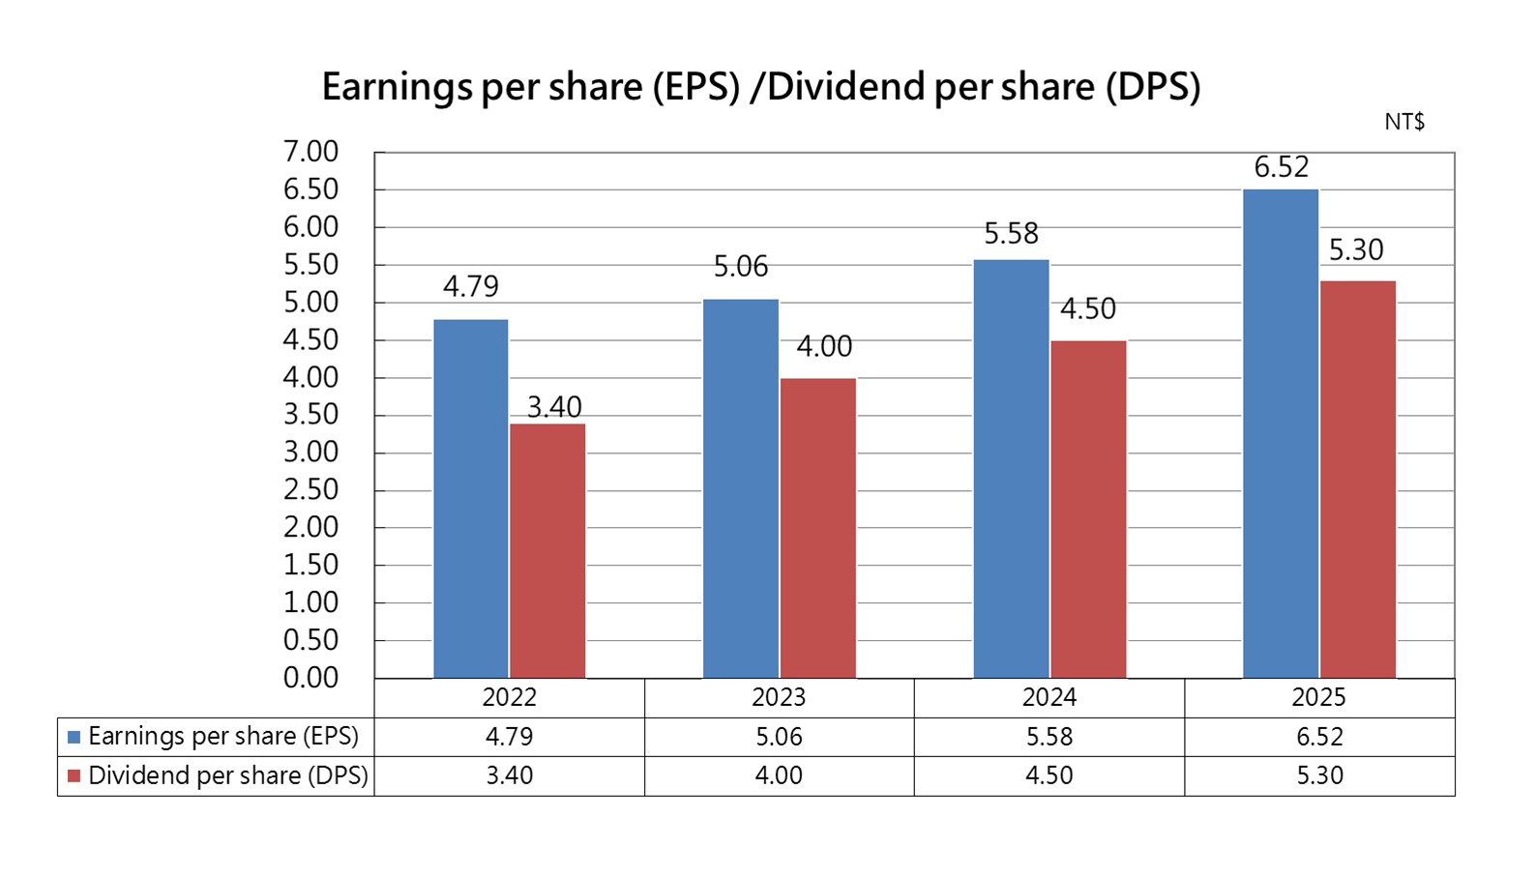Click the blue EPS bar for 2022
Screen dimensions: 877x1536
pyautogui.click(x=471, y=498)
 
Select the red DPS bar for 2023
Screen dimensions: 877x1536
pyautogui.click(x=818, y=528)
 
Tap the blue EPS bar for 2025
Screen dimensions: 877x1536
pyautogui.click(x=1281, y=433)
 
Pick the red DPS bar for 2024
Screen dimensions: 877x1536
pyautogui.click(x=1088, y=509)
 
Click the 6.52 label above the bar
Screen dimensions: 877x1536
pyautogui.click(x=1281, y=167)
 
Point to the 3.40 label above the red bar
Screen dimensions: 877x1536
pyautogui.click(x=554, y=407)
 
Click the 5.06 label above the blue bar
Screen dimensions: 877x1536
pyautogui.click(x=741, y=266)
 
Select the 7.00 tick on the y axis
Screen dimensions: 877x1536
pyautogui.click(x=310, y=152)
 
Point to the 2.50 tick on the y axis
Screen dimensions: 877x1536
pyautogui.click(x=310, y=489)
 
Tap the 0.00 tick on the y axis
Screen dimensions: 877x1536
pyautogui.click(x=310, y=678)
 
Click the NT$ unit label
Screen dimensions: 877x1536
pyautogui.click(x=1403, y=122)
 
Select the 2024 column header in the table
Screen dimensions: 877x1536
pyautogui.click(x=1049, y=697)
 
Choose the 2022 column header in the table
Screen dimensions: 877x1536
pyautogui.click(x=509, y=697)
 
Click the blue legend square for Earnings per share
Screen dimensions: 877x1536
pyautogui.click(x=74, y=737)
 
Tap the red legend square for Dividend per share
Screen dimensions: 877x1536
pyautogui.click(x=74, y=776)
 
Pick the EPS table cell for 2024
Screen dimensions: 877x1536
pyautogui.click(x=1049, y=737)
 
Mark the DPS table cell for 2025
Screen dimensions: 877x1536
pyautogui.click(x=1319, y=775)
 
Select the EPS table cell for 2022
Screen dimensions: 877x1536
pyautogui.click(x=509, y=737)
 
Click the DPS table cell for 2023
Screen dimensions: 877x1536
pyautogui.click(x=779, y=775)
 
